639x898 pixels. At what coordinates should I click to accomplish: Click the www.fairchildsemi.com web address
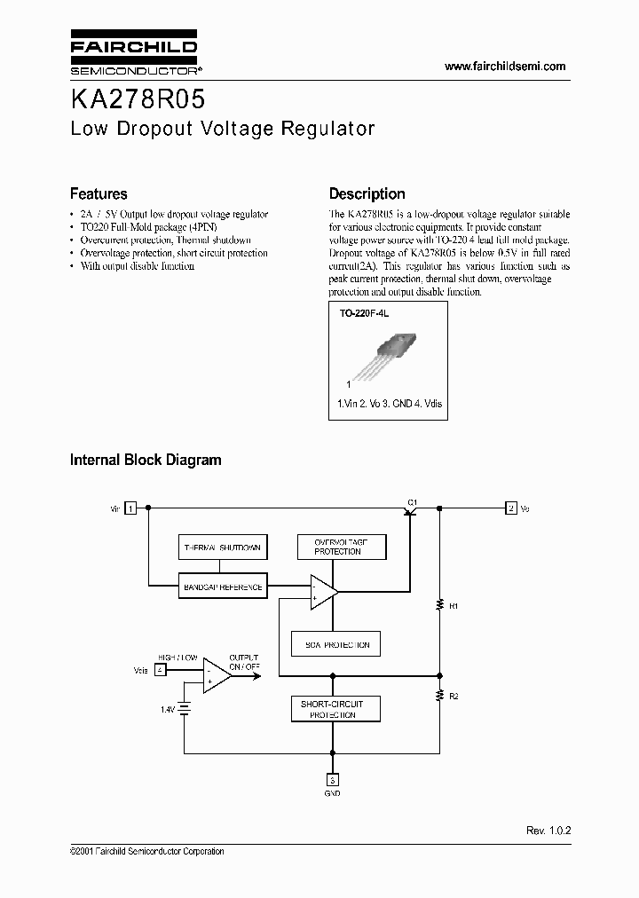click(x=504, y=67)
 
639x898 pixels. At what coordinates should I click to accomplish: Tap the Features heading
click(x=99, y=193)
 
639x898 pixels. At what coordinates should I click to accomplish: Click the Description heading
click(x=367, y=193)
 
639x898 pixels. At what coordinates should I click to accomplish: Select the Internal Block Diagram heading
click(x=146, y=460)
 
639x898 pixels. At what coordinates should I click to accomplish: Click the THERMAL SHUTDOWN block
click(x=221, y=547)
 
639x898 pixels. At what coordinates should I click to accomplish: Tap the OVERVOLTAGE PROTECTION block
click(x=338, y=547)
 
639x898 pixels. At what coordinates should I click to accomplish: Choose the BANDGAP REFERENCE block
click(x=221, y=587)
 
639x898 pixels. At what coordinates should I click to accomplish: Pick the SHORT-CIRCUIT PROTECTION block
click(x=333, y=709)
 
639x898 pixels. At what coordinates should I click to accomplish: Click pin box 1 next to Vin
click(x=130, y=508)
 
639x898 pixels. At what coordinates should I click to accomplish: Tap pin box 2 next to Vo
click(x=510, y=508)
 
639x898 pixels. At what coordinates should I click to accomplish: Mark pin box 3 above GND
click(x=333, y=779)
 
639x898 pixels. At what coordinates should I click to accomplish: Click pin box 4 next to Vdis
click(x=160, y=669)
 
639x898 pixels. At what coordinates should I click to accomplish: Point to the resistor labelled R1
click(x=440, y=605)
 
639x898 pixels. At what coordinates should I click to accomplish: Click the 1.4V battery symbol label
click(x=167, y=710)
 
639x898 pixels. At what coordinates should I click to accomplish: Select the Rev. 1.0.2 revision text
click(x=548, y=830)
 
